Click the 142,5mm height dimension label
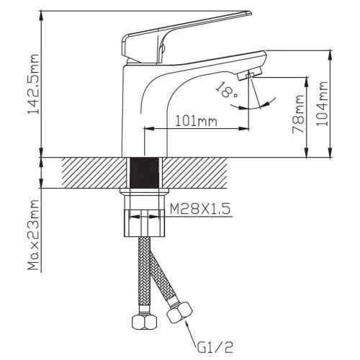pos(33,84)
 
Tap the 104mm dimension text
pos(322,104)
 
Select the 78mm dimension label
pos(298,114)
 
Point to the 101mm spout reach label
pos(197,121)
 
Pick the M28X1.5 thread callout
pos(200,209)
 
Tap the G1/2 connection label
pos(215,347)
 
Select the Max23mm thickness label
pos(33,235)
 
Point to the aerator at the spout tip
pos(250,73)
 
